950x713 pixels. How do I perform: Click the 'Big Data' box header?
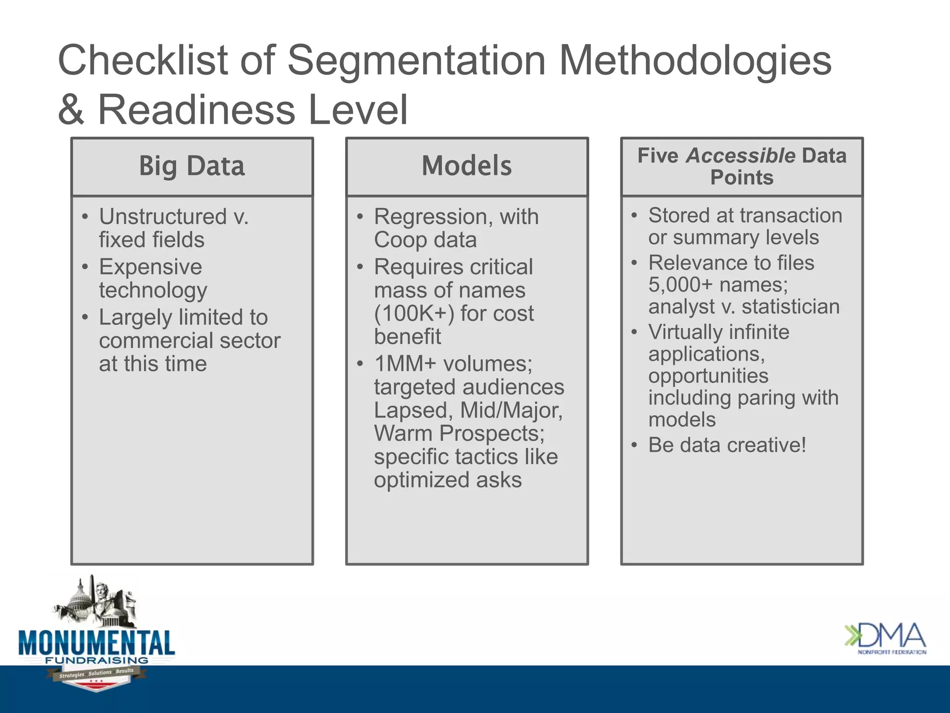point(192,166)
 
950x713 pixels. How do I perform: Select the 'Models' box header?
point(467,166)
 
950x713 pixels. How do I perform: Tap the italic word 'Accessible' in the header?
point(740,156)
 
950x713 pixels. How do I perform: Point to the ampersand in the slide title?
point(71,110)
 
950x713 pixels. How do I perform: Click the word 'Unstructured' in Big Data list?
point(163,217)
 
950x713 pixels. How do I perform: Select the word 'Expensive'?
point(150,267)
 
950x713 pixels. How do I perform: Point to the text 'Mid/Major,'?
point(511,410)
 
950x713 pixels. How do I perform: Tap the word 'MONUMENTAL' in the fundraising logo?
point(96,643)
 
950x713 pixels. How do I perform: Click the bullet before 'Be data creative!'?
point(634,446)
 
